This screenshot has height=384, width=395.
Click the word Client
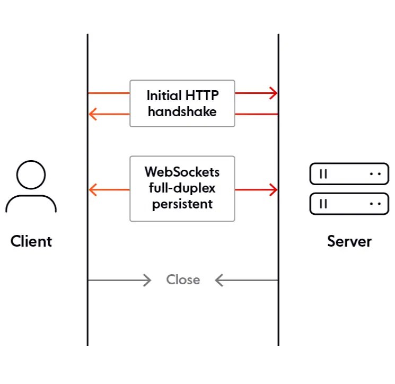(x=31, y=241)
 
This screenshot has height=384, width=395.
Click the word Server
(x=349, y=241)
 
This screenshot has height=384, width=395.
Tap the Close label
(x=183, y=280)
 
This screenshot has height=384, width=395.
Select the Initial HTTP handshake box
(x=182, y=103)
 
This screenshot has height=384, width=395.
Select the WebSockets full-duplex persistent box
(x=182, y=188)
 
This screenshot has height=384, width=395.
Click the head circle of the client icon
(x=31, y=174)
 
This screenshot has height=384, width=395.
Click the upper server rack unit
(x=349, y=173)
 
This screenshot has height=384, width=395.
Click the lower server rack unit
(x=349, y=204)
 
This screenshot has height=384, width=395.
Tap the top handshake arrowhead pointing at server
(x=273, y=93)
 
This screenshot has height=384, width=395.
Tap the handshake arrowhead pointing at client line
(x=93, y=114)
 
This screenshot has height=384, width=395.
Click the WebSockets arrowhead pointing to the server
(x=273, y=189)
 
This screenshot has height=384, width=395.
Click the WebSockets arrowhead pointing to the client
(x=93, y=189)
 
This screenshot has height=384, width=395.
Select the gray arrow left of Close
(x=120, y=280)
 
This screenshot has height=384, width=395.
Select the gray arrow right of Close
(x=246, y=280)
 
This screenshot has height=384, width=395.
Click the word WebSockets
(x=182, y=172)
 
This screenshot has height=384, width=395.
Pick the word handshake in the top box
(x=182, y=112)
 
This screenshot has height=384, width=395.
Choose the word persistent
(x=182, y=204)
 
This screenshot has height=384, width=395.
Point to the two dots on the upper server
(x=375, y=173)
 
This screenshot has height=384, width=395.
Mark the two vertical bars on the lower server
(x=323, y=204)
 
